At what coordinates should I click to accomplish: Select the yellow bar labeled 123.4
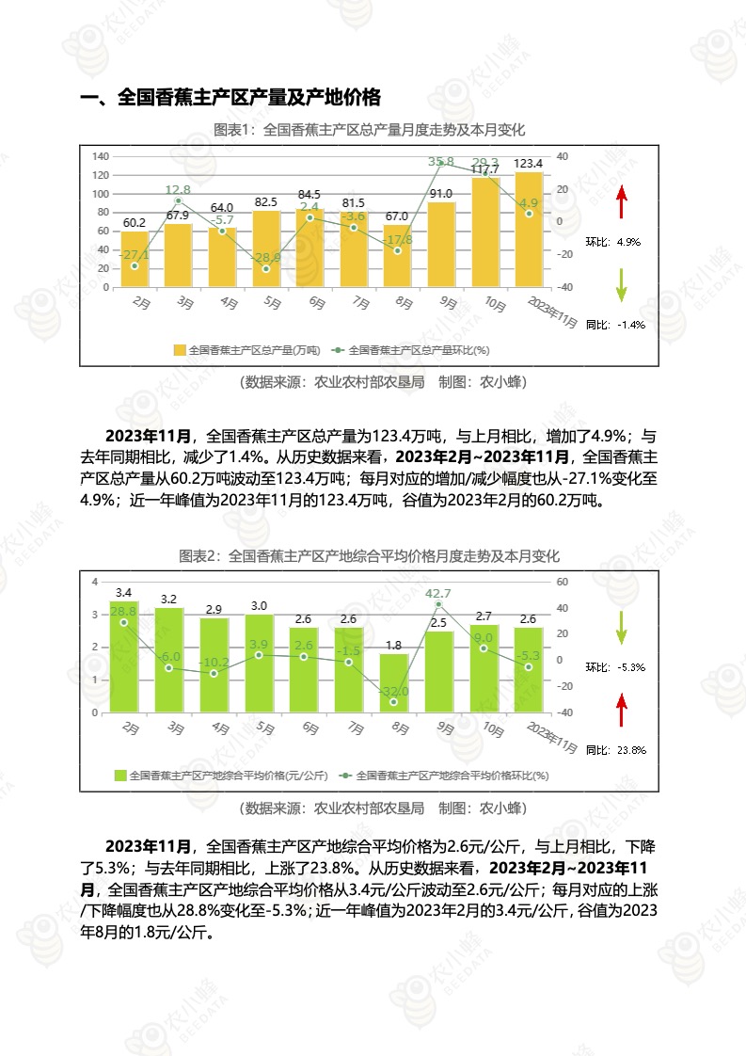pyautogui.click(x=529, y=230)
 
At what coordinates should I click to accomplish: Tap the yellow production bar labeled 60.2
pyautogui.click(x=135, y=259)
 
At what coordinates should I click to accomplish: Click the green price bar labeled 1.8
pyautogui.click(x=395, y=683)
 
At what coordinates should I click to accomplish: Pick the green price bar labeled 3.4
pyautogui.click(x=124, y=657)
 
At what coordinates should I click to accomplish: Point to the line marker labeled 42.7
pyautogui.click(x=439, y=604)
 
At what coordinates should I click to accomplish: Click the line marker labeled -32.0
pyautogui.click(x=394, y=702)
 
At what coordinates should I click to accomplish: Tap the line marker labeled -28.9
pyautogui.click(x=266, y=269)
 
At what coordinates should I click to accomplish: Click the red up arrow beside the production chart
pyautogui.click(x=621, y=203)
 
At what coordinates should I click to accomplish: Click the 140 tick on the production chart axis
pyautogui.click(x=101, y=156)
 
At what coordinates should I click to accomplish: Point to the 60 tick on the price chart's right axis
pyautogui.click(x=563, y=582)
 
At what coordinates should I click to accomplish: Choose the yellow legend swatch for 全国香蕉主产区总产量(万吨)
pyautogui.click(x=180, y=350)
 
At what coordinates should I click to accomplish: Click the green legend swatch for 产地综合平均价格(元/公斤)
pyautogui.click(x=120, y=776)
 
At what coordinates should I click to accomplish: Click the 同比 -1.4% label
pyautogui.click(x=615, y=325)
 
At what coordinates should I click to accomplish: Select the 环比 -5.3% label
pyautogui.click(x=615, y=667)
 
